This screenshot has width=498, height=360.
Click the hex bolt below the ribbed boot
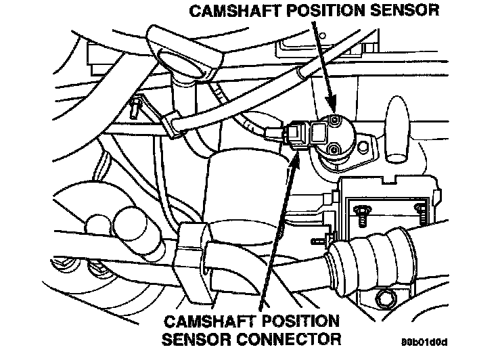[386, 296]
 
